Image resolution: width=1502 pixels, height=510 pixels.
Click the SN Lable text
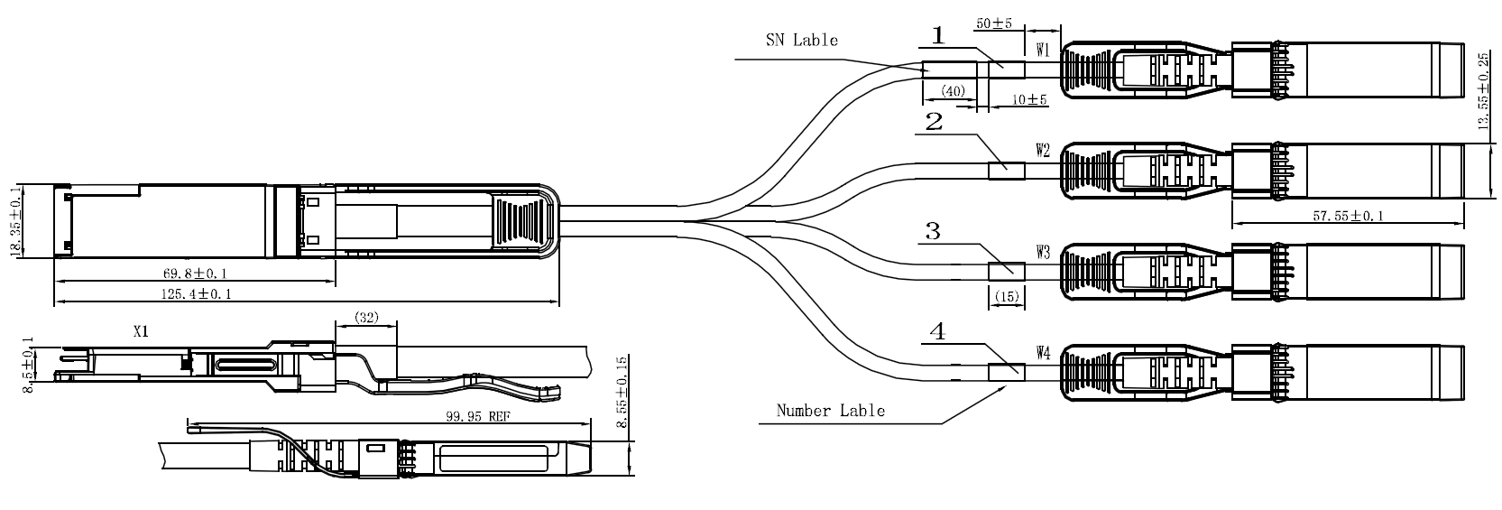pos(801,40)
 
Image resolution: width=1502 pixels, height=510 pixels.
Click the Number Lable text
pos(831,411)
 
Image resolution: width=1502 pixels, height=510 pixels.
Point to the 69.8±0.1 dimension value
pos(189,273)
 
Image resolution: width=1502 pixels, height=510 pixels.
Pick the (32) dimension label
pos(365,317)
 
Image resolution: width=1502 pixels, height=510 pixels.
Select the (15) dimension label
pos(1007,296)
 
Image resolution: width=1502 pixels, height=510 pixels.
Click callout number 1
pos(938,36)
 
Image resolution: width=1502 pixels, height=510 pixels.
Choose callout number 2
pos(934,122)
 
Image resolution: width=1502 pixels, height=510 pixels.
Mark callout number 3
pos(933,232)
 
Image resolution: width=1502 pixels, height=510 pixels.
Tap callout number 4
pos(938,332)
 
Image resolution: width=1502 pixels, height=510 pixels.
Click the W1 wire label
pos(1043,51)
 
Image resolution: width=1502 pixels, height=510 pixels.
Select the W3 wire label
pos(1043,254)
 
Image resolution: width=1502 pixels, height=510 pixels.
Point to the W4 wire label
pos(1043,353)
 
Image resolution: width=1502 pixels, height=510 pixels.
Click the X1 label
pos(141,332)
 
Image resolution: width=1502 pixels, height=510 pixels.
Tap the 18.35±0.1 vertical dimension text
pos(15,222)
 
